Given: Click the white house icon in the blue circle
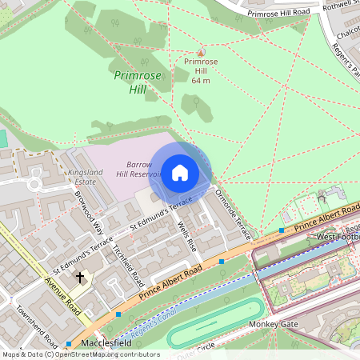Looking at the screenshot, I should tap(179, 172).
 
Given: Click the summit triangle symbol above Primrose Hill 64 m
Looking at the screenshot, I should tap(201, 52).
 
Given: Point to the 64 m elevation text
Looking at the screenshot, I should tap(201, 80).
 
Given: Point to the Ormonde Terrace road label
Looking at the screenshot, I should tap(233, 214).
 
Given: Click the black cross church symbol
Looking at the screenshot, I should tap(79, 278).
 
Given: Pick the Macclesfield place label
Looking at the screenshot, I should tap(106, 343).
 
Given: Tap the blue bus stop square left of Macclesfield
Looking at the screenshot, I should tap(69, 344).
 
